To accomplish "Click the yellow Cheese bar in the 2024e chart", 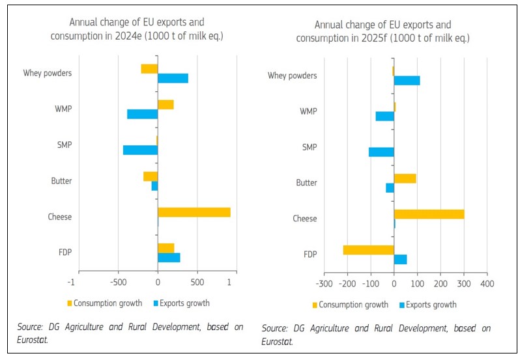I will pos(194,212).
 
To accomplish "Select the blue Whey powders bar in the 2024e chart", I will pos(173,78).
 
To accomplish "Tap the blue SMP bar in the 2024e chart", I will pos(140,150).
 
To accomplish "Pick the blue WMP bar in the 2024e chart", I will pos(142,114).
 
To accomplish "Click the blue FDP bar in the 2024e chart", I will pos(169,258).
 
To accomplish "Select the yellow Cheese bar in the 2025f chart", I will pos(429,214).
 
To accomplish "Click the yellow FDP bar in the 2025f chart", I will pos(368,250).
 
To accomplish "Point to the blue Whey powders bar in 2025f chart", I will pos(407,81).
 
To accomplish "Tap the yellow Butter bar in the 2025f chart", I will pos(405,178).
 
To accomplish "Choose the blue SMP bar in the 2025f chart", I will pos(381,152).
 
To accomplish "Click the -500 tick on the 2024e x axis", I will pos(118,282).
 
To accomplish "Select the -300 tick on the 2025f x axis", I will pos(324,284).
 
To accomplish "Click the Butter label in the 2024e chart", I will pos(61,181).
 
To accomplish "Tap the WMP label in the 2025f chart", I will pos(308,111).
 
